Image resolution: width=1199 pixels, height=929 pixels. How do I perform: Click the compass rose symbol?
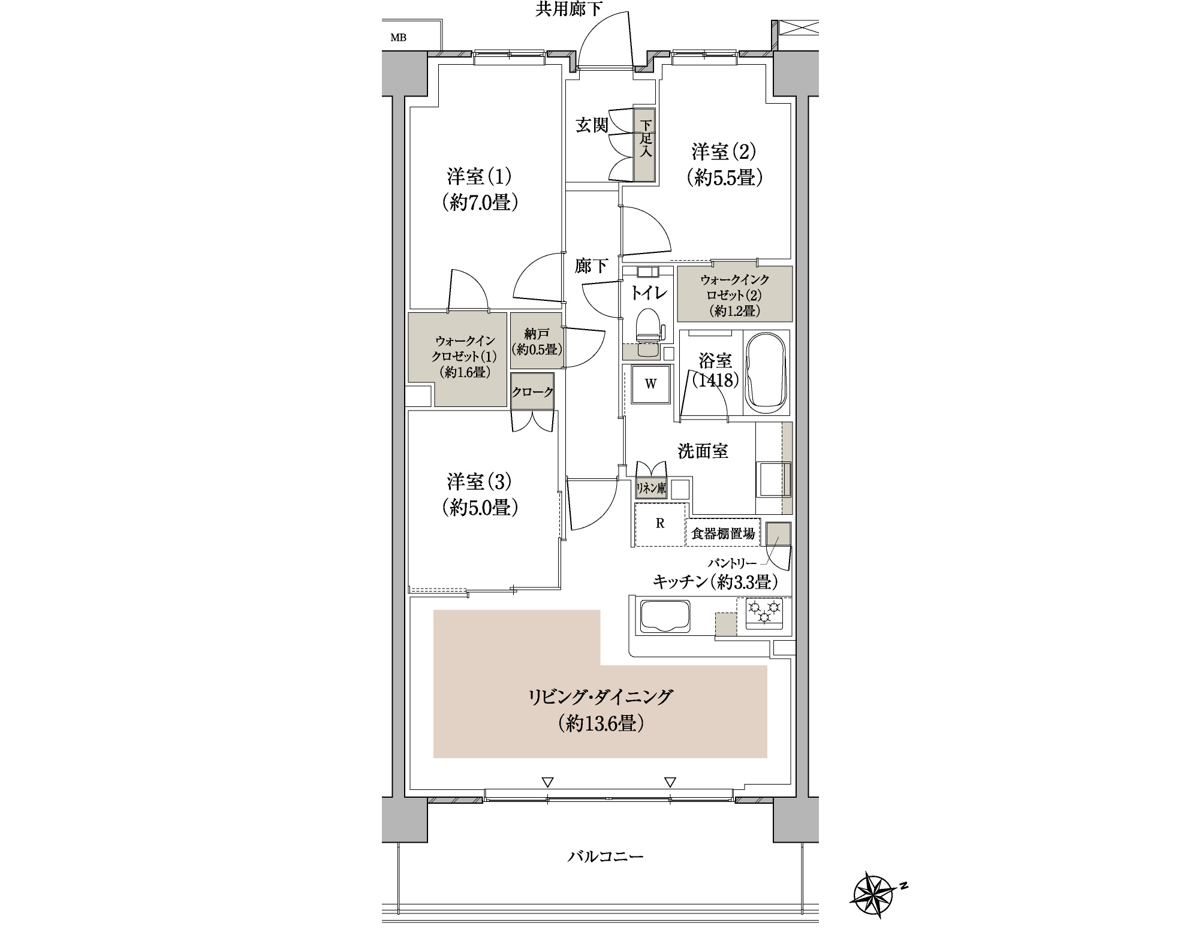click(x=873, y=897)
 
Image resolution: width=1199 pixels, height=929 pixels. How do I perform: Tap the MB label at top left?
click(x=399, y=38)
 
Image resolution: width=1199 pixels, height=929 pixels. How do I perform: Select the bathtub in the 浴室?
click(x=766, y=372)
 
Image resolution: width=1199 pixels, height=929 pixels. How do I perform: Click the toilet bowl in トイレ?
click(x=647, y=333)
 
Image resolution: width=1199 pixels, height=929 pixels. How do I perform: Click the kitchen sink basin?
click(x=665, y=616)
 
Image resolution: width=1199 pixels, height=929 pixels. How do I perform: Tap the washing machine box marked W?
click(x=650, y=384)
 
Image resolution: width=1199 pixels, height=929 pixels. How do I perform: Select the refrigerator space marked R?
click(x=659, y=524)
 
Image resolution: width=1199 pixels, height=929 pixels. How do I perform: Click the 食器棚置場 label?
click(x=723, y=533)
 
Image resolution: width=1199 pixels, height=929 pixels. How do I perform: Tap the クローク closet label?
click(x=532, y=392)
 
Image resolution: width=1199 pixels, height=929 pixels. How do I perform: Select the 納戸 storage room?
click(x=536, y=340)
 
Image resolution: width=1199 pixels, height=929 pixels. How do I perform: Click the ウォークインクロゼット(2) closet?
click(x=734, y=294)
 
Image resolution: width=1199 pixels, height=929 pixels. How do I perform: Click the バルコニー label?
click(x=605, y=856)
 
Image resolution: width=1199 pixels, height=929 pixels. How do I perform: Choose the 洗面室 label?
click(x=703, y=451)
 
